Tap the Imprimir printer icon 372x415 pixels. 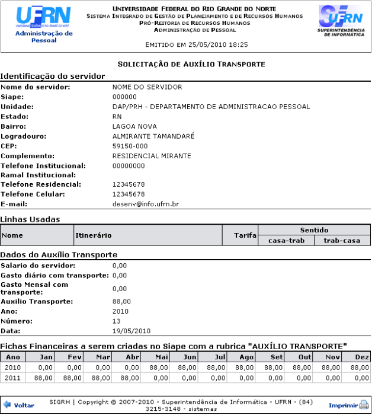tap(364, 406)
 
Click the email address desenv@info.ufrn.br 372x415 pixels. tap(146, 204)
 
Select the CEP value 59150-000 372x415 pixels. tap(130, 146)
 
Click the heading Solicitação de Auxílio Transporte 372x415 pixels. tap(191, 63)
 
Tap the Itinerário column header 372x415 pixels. tap(94, 235)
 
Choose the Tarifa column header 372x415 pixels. tap(246, 235)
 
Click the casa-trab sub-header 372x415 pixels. tap(286, 241)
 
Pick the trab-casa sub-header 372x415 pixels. tap(342, 241)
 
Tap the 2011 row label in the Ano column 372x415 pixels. tap(12, 377)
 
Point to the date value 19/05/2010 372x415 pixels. tap(132, 331)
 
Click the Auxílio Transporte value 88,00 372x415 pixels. tap(121, 302)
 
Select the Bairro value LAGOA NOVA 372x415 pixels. tap(134, 126)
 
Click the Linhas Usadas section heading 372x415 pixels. tap(30, 219)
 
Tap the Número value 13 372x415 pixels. tap(116, 321)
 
